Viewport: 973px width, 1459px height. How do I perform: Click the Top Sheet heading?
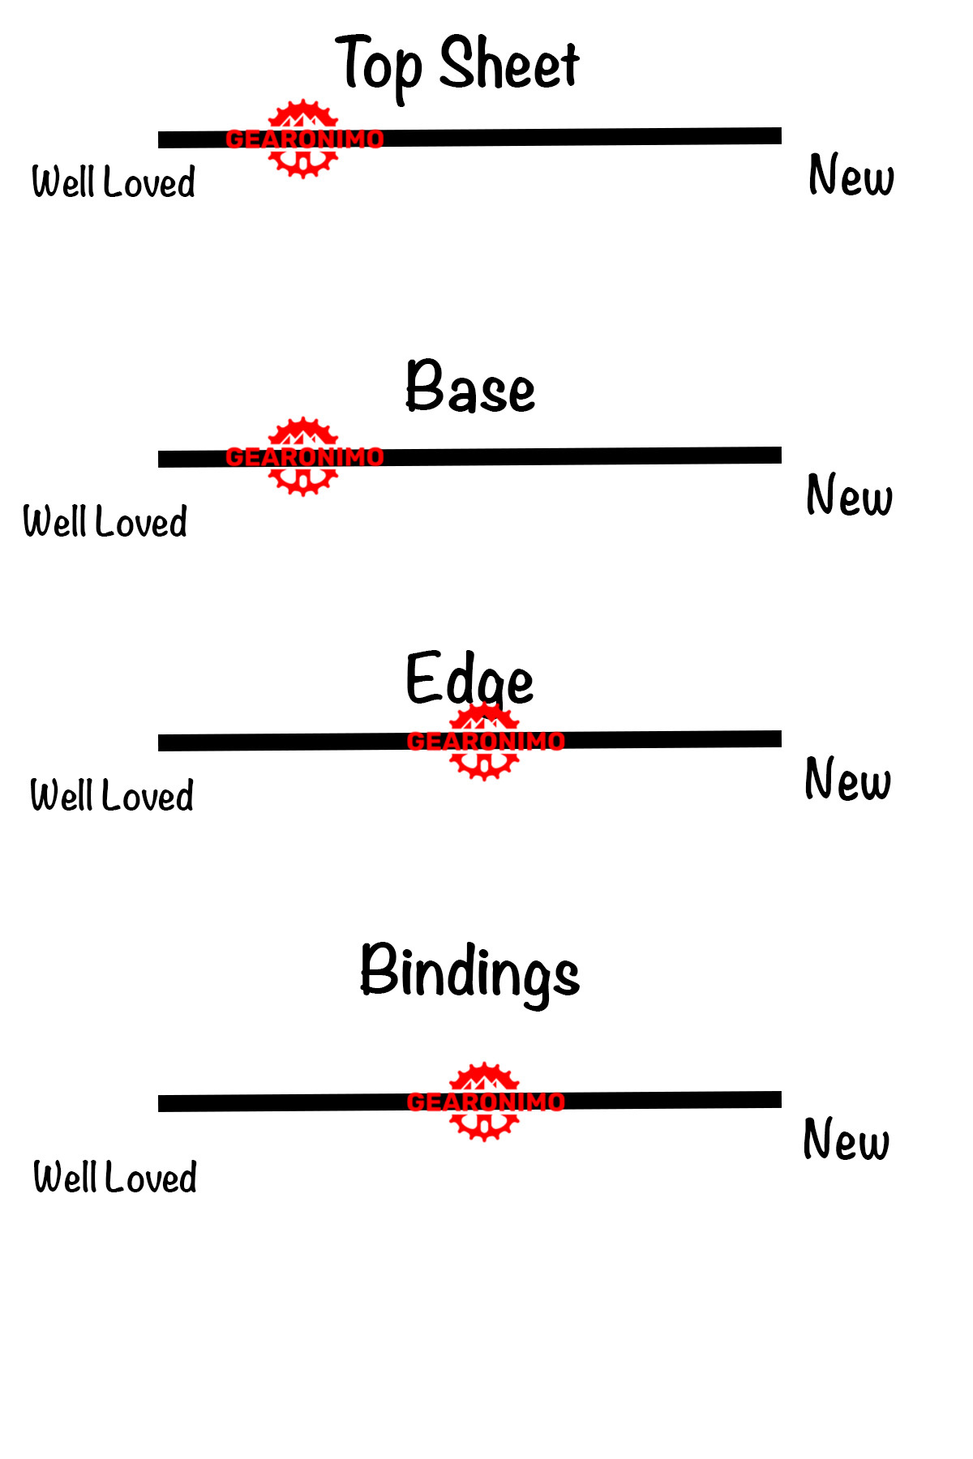(x=457, y=66)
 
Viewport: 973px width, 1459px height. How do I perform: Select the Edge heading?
(x=469, y=681)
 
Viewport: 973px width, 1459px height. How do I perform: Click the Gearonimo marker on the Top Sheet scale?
(x=304, y=139)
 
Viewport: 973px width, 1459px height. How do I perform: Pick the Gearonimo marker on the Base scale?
(x=304, y=456)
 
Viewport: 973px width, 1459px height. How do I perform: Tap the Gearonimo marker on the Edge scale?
(x=485, y=741)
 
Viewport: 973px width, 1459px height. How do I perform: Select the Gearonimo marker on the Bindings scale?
(x=485, y=1102)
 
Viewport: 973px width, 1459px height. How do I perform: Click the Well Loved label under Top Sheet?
(x=114, y=182)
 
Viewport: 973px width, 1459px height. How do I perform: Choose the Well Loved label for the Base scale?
(x=105, y=521)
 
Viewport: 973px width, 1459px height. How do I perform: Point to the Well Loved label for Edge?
(x=112, y=795)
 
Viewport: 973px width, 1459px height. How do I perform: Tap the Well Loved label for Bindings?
(x=115, y=1177)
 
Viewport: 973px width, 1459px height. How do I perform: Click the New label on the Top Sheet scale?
(x=851, y=175)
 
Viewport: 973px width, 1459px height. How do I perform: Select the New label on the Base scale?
(x=850, y=494)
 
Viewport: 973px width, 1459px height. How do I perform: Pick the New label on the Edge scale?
(x=848, y=778)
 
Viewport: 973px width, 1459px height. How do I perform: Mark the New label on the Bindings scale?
(x=847, y=1139)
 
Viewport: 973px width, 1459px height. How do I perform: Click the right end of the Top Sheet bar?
(x=781, y=135)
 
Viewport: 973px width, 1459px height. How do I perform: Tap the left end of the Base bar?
(x=159, y=460)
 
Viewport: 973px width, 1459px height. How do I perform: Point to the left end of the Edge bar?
(x=159, y=743)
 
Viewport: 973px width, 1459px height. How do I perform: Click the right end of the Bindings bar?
(x=781, y=1099)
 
